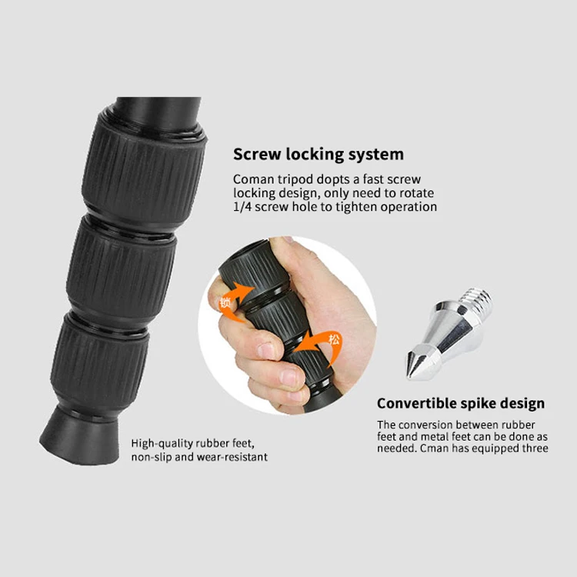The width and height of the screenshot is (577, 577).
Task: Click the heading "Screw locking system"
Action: (x=319, y=154)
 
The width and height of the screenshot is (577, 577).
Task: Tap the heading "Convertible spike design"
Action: (x=460, y=403)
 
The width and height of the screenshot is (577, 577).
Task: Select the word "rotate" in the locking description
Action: (x=416, y=192)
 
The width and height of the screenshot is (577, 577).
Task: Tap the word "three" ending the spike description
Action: (x=533, y=449)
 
